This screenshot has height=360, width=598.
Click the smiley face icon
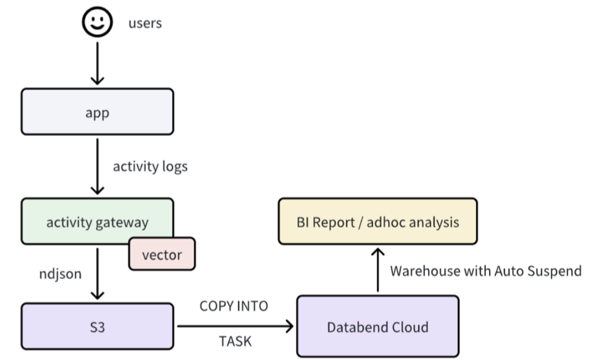coord(97,22)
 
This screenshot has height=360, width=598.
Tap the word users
coord(145,23)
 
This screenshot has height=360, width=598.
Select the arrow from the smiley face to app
coord(97,63)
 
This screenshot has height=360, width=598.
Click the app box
coord(97,112)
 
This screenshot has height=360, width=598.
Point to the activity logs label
coord(150,167)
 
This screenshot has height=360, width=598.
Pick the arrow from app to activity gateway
coord(97,167)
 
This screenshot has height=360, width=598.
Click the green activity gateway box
coord(97,221)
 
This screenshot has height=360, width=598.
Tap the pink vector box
coord(162,254)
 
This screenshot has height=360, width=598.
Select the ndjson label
coord(60,274)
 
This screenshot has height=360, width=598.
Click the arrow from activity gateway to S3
coord(97,274)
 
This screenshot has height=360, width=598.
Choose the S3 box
coord(97,327)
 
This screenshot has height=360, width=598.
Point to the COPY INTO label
coord(234,306)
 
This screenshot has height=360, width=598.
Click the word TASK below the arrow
coord(235,342)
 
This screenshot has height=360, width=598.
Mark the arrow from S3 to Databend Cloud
coord(235,326)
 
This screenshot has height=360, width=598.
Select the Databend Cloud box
coord(377,327)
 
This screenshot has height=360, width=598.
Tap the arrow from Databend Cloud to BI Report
coord(377,270)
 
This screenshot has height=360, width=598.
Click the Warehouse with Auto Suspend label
coord(486,271)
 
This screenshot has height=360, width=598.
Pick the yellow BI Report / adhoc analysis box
coord(377,221)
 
